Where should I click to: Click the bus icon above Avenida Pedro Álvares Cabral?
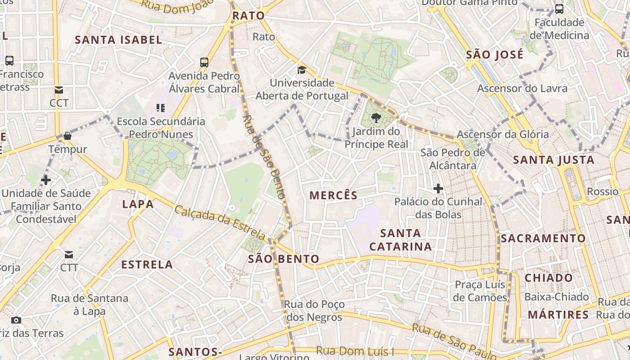(204, 62)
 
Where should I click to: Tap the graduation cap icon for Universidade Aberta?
(301, 70)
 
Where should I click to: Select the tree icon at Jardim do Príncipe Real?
(376, 118)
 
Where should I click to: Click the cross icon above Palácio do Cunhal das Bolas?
(438, 188)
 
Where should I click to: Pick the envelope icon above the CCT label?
(59, 90)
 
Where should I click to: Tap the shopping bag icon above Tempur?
(67, 135)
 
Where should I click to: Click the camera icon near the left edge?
(16, 320)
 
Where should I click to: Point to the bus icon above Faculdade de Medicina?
(559, 9)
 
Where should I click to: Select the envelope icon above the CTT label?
(69, 255)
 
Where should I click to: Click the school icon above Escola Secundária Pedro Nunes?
(161, 108)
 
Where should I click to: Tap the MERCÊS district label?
(333, 195)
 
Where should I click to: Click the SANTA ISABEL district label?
(118, 40)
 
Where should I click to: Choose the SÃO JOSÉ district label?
(495, 55)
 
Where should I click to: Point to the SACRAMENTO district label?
(543, 238)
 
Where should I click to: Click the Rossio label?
(603, 192)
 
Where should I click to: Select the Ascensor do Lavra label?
(522, 89)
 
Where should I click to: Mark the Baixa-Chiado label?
(556, 297)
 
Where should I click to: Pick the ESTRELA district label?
(147, 265)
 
